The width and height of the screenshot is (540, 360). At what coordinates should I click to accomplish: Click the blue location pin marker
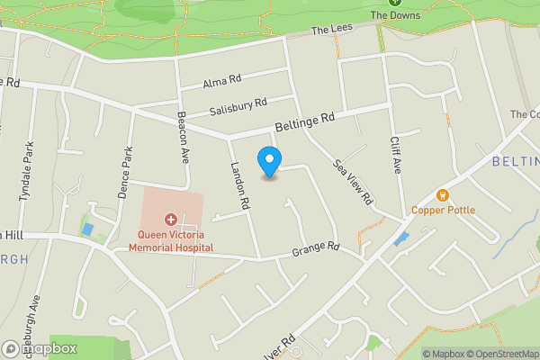[268, 162]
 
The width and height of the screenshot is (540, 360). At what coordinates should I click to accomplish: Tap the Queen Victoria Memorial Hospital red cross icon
[170, 219]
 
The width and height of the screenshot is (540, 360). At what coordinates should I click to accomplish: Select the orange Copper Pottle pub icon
[442, 194]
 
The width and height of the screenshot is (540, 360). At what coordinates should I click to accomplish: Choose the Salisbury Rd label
[238, 108]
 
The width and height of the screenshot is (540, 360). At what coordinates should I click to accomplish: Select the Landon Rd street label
[238, 185]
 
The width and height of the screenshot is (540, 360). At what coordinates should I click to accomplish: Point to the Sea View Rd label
[353, 183]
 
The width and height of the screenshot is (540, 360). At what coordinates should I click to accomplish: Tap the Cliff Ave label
[394, 154]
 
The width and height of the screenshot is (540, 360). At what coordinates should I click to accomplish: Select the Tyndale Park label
[27, 171]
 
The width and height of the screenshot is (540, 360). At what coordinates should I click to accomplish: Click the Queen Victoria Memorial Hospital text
[170, 240]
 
